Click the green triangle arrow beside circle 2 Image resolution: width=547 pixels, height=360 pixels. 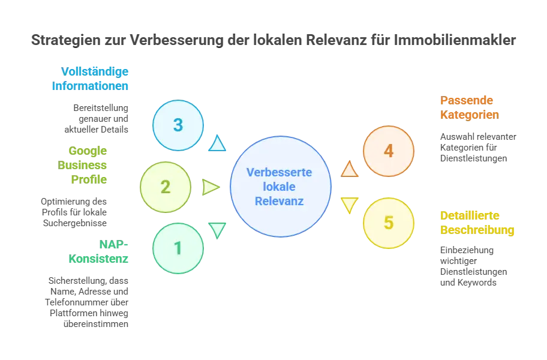pyautogui.click(x=211, y=187)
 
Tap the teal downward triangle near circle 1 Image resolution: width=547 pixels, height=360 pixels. pyautogui.click(x=217, y=230)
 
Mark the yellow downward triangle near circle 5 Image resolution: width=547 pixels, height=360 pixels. pyautogui.click(x=350, y=205)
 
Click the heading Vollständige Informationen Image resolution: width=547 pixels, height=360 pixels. pyautogui.click(x=91, y=79)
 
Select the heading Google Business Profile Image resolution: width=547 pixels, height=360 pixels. pyautogui.click(x=82, y=165)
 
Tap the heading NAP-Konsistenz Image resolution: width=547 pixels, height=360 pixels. pyautogui.click(x=98, y=251)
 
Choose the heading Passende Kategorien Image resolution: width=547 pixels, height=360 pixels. pyautogui.click(x=470, y=107)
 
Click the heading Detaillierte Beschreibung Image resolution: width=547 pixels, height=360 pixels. pyautogui.click(x=477, y=223)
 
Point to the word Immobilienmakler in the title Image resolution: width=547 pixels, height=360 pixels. pyautogui.click(x=455, y=40)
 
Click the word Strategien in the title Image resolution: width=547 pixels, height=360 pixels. pyautogui.click(x=66, y=40)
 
